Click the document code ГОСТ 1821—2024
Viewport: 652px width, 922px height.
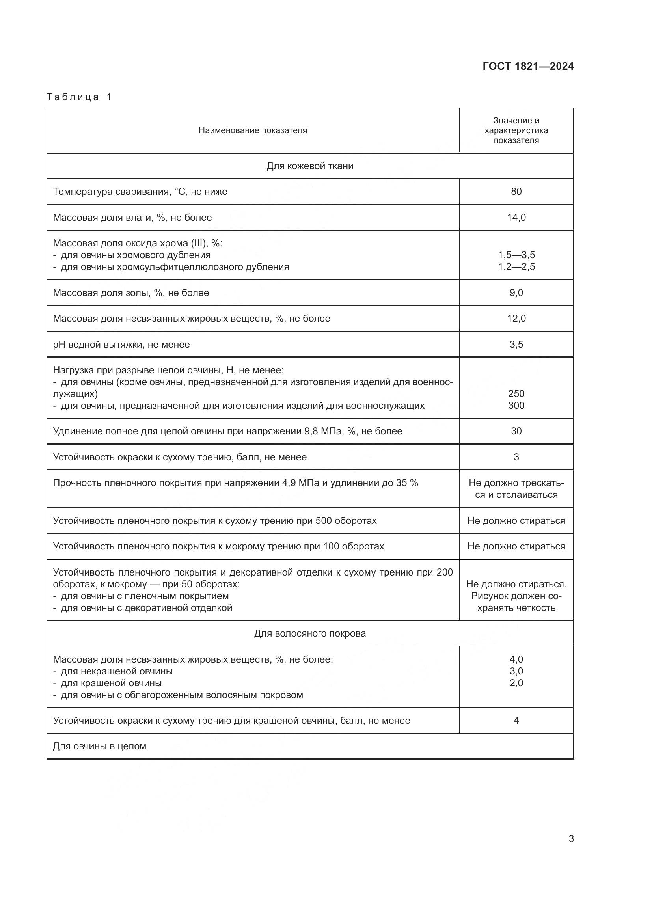[528, 66]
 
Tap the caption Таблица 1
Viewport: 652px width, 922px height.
[79, 97]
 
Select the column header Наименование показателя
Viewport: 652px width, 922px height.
[253, 130]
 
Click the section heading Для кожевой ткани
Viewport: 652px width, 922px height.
[310, 166]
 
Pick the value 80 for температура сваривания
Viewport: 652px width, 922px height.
[516, 192]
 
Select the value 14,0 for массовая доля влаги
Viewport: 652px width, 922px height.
[516, 218]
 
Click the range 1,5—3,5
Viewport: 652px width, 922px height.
[516, 255]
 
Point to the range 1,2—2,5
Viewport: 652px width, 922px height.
[516, 267]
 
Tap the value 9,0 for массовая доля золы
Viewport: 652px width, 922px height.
[516, 293]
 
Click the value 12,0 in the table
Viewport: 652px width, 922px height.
[516, 319]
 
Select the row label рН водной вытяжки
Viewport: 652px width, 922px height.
[121, 345]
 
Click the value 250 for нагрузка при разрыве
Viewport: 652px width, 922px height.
[516, 393]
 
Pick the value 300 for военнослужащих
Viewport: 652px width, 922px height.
[516, 406]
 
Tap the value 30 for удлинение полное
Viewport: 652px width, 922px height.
[516, 431]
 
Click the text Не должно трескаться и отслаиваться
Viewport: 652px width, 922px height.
[516, 489]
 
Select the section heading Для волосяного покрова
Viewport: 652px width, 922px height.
[310, 633]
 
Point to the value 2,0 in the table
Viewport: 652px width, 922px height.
[516, 683]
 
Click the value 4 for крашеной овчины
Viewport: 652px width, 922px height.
[516, 721]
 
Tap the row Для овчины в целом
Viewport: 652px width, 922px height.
[100, 746]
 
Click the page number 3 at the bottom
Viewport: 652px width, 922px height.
[571, 838]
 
